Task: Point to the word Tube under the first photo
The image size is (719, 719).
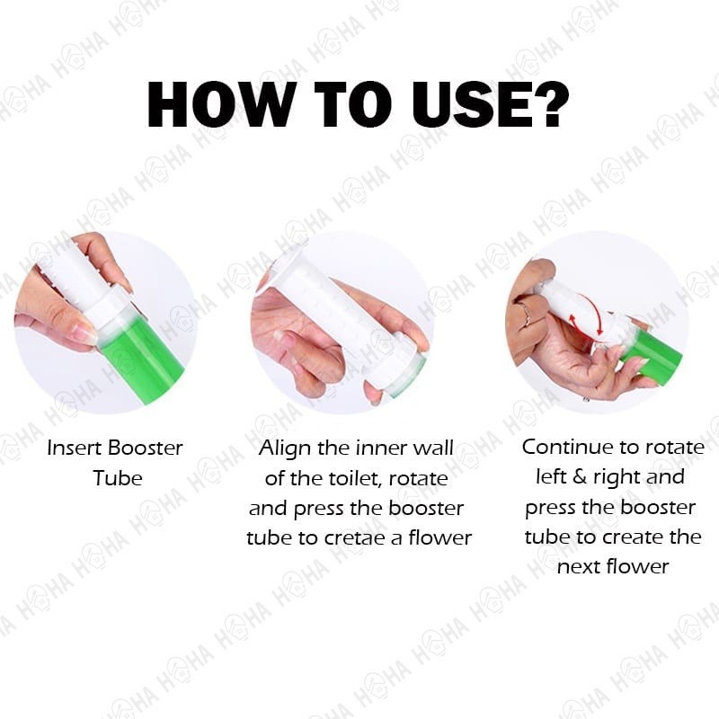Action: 118,478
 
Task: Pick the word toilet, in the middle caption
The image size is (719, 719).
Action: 355,479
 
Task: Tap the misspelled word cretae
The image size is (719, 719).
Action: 355,538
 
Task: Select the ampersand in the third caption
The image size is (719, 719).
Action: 580,477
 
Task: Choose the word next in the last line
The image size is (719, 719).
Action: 579,568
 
